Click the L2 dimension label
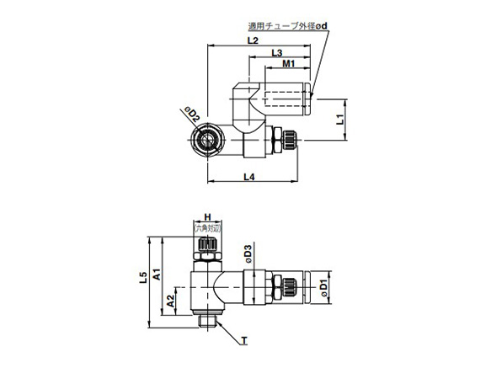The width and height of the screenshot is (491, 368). click(x=252, y=40)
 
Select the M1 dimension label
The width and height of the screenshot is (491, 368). click(x=287, y=65)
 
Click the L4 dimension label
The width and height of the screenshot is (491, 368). click(x=250, y=176)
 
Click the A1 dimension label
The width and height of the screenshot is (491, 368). click(x=157, y=271)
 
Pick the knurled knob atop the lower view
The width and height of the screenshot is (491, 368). click(x=205, y=247)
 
